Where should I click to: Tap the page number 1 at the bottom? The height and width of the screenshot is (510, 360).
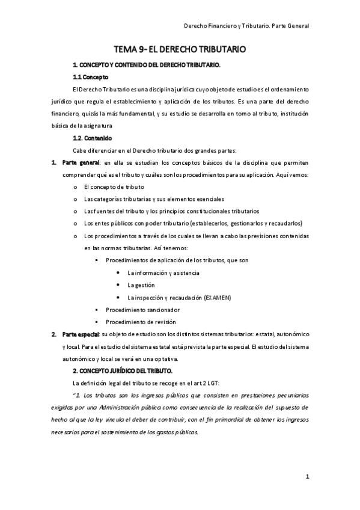pyautogui.click(x=307, y=478)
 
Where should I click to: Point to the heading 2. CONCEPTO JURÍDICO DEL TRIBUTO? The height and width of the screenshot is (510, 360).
pyautogui.click(x=123, y=370)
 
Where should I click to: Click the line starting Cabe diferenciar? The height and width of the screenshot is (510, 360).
pyautogui.click(x=154, y=150)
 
